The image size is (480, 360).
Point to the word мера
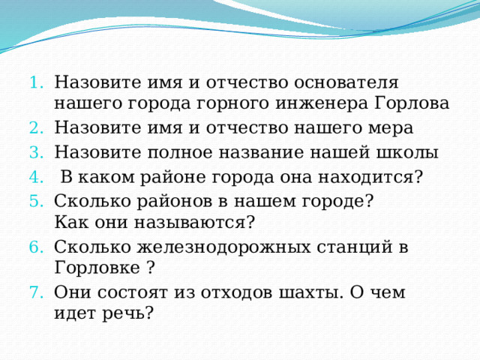[389, 128]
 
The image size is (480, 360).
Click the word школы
[412, 153]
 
